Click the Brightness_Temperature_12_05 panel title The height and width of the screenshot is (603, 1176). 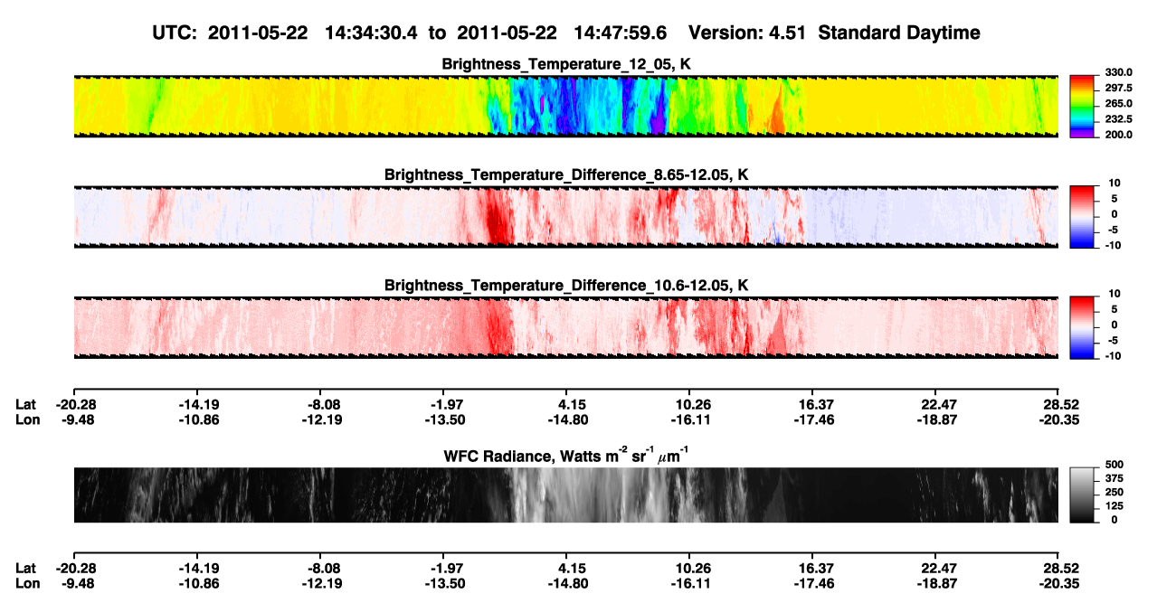(x=566, y=64)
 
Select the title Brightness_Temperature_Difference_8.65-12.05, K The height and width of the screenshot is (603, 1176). (x=566, y=174)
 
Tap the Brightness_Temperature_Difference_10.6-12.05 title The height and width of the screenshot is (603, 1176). (x=566, y=286)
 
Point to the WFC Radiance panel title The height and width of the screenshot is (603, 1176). (x=566, y=455)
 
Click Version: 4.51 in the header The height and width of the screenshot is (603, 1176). (x=746, y=33)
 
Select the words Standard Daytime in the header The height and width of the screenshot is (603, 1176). (x=899, y=33)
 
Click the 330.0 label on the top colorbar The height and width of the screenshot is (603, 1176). (x=1118, y=72)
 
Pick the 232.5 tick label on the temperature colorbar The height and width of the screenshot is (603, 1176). (x=1118, y=119)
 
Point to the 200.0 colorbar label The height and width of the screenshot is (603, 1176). (x=1118, y=135)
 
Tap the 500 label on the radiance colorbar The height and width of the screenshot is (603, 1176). (x=1114, y=465)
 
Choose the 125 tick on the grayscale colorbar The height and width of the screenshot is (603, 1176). (x=1114, y=506)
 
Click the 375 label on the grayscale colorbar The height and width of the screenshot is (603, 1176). (x=1114, y=478)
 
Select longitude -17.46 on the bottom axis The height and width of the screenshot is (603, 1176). (x=814, y=584)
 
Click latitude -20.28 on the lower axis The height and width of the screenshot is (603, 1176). (x=76, y=569)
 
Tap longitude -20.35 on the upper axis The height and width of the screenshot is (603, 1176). (x=1059, y=419)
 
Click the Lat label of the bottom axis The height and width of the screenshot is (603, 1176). (x=25, y=569)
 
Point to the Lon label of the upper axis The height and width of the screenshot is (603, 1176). (x=27, y=419)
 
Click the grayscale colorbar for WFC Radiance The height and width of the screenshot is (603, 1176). (x=1082, y=495)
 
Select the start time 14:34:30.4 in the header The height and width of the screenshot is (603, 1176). (x=371, y=33)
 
